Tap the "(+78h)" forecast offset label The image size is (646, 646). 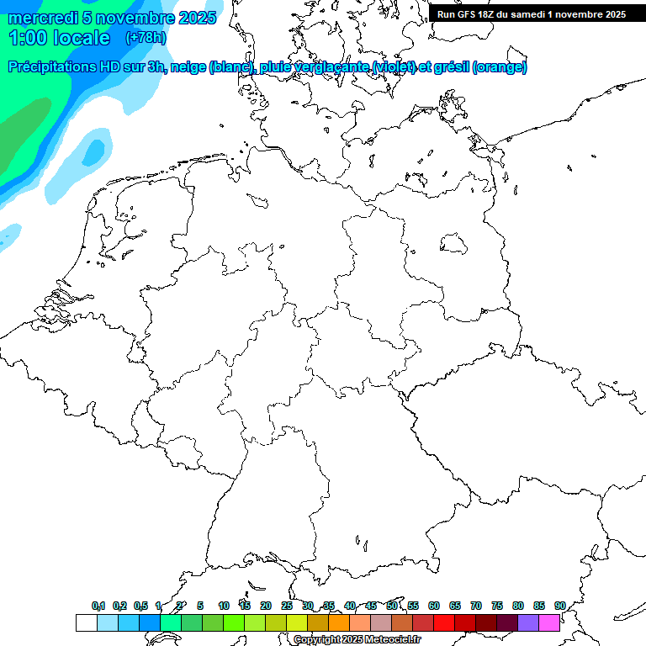pyautogui.click(x=146, y=38)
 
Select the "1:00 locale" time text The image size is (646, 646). pyautogui.click(x=59, y=38)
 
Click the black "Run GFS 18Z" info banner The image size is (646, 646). pyautogui.click(x=532, y=14)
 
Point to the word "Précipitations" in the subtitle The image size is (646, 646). pyautogui.click(x=52, y=67)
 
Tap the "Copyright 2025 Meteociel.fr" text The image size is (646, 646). pyautogui.click(x=357, y=640)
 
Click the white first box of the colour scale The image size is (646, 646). pyautogui.click(x=86, y=623)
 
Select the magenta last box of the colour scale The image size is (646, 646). pyautogui.click(x=549, y=623)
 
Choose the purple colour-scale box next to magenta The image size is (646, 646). pyautogui.click(x=528, y=623)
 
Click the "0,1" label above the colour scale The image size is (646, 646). pyautogui.click(x=98, y=606)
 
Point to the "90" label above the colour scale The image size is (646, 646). pyautogui.click(x=560, y=606)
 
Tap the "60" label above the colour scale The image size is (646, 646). pyautogui.click(x=434, y=606)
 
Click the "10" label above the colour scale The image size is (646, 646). pyautogui.click(x=224, y=606)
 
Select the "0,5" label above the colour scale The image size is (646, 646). pyautogui.click(x=140, y=606)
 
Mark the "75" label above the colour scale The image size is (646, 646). pyautogui.click(x=497, y=606)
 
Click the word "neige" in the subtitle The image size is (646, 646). pyautogui.click(x=188, y=67)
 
